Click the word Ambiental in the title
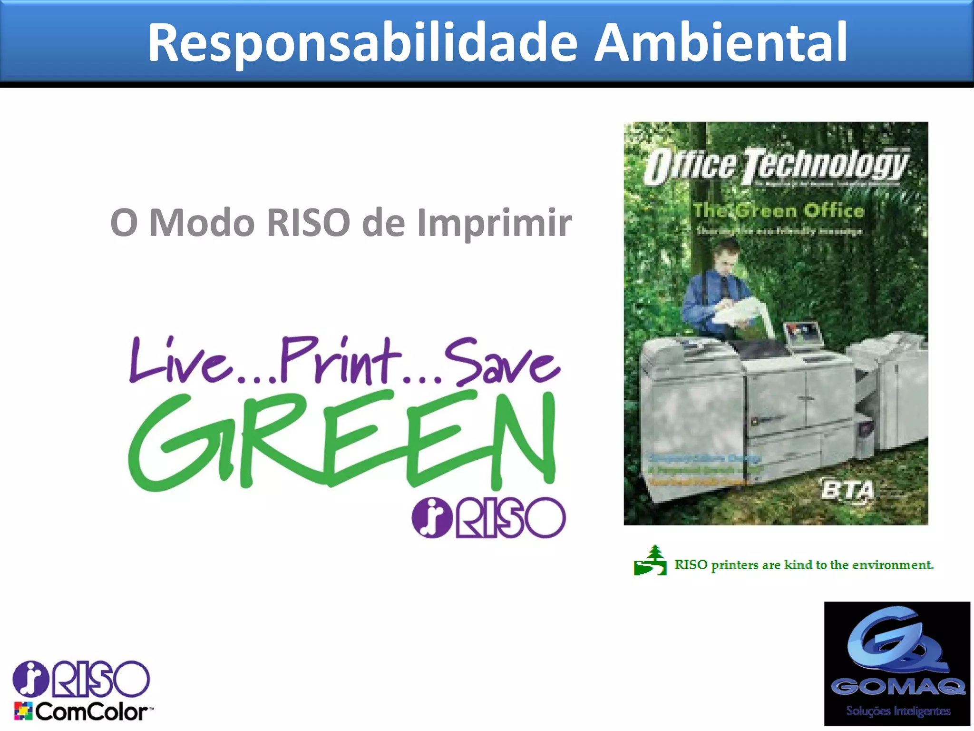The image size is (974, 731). pyautogui.click(x=721, y=43)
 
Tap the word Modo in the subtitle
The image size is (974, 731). pyautogui.click(x=202, y=222)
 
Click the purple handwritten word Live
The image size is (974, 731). pyautogui.click(x=181, y=362)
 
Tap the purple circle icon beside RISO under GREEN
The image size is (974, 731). pyautogui.click(x=431, y=518)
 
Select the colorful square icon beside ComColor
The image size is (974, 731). pyautogui.click(x=23, y=711)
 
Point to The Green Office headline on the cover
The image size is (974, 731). pyautogui.click(x=778, y=210)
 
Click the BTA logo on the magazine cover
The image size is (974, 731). pyautogui.click(x=848, y=490)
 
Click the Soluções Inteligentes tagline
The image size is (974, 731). pyautogui.click(x=898, y=711)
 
